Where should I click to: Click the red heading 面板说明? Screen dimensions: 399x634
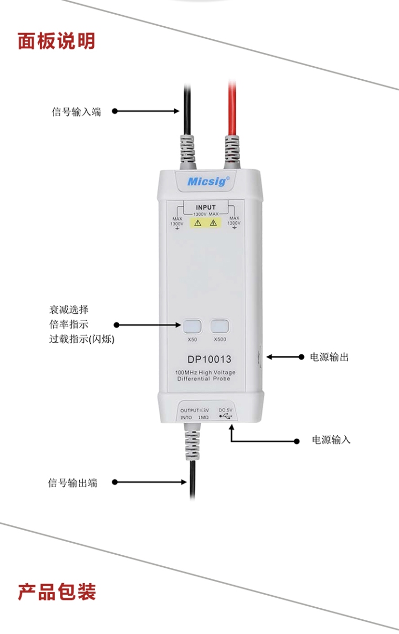(56, 41)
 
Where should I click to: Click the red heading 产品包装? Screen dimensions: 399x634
(57, 591)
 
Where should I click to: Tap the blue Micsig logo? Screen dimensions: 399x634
(208, 181)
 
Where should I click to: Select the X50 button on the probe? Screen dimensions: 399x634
(192, 326)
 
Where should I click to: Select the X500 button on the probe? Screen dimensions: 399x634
(219, 326)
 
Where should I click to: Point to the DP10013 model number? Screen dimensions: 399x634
(209, 360)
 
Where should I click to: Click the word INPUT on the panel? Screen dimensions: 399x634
(206, 207)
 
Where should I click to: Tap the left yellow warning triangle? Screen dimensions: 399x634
(197, 223)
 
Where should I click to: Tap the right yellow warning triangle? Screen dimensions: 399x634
(213, 223)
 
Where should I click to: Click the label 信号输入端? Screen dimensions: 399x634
(76, 112)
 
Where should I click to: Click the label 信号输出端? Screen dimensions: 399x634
(72, 482)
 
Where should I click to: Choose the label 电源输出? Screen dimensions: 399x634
(329, 357)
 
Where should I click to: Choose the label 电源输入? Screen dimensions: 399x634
(331, 440)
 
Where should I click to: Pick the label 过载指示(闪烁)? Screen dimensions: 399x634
(82, 339)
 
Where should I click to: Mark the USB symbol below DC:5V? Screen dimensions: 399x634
(226, 416)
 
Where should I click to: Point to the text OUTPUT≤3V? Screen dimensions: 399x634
(195, 410)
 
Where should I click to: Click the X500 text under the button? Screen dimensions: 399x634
(220, 340)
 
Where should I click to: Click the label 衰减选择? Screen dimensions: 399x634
(69, 310)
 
